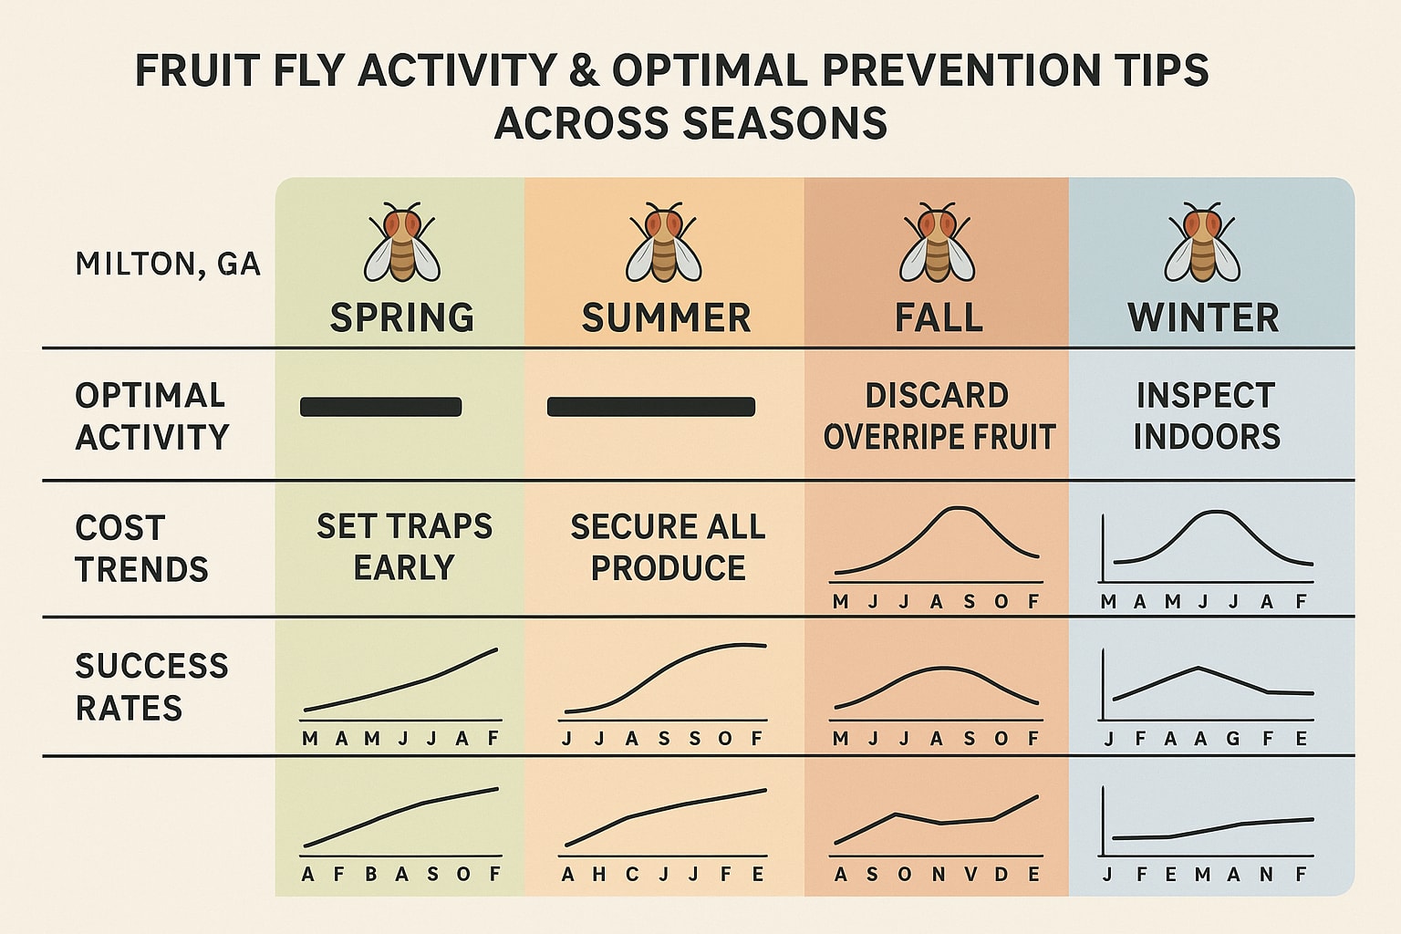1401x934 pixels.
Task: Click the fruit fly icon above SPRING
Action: pyautogui.click(x=402, y=242)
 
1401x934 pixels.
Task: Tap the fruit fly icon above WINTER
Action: pyautogui.click(x=1202, y=242)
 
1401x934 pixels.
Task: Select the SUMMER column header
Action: pyautogui.click(x=666, y=317)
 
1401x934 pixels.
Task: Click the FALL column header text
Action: pyautogui.click(x=939, y=317)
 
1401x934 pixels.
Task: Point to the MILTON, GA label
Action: pyautogui.click(x=168, y=264)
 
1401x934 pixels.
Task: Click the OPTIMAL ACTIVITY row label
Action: pyautogui.click(x=152, y=416)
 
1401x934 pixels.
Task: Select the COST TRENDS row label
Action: pyautogui.click(x=141, y=549)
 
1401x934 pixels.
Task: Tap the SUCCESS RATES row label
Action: pyautogui.click(x=151, y=687)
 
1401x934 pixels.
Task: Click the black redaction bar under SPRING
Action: pyautogui.click(x=381, y=407)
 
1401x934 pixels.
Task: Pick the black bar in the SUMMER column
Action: pyautogui.click(x=651, y=407)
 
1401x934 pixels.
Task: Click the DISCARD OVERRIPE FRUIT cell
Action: pyautogui.click(x=939, y=416)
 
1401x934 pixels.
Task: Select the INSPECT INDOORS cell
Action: pyautogui.click(x=1207, y=416)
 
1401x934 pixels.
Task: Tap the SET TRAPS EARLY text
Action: pyautogui.click(x=404, y=546)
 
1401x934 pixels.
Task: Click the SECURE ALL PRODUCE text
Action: pyautogui.click(x=668, y=546)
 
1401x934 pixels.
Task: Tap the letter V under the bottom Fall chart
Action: pyautogui.click(x=970, y=874)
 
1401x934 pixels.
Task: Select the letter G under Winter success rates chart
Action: pyautogui.click(x=1233, y=739)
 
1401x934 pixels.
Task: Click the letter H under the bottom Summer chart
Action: pyautogui.click(x=599, y=874)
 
